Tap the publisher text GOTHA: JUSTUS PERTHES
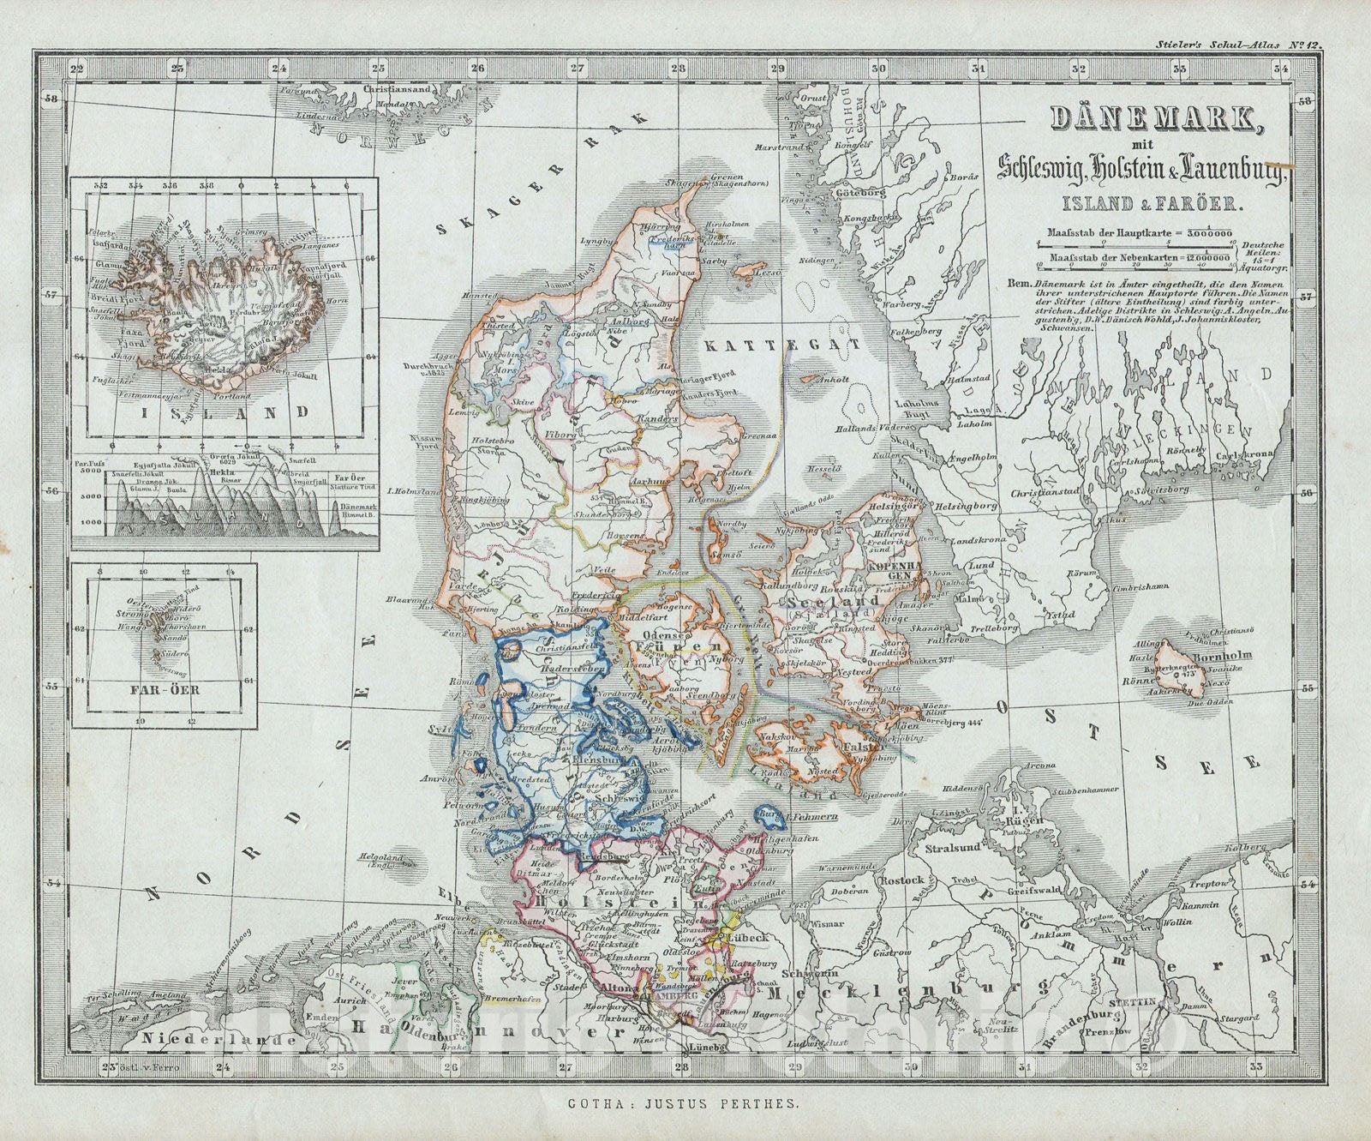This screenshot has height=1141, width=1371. [x=685, y=1107]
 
